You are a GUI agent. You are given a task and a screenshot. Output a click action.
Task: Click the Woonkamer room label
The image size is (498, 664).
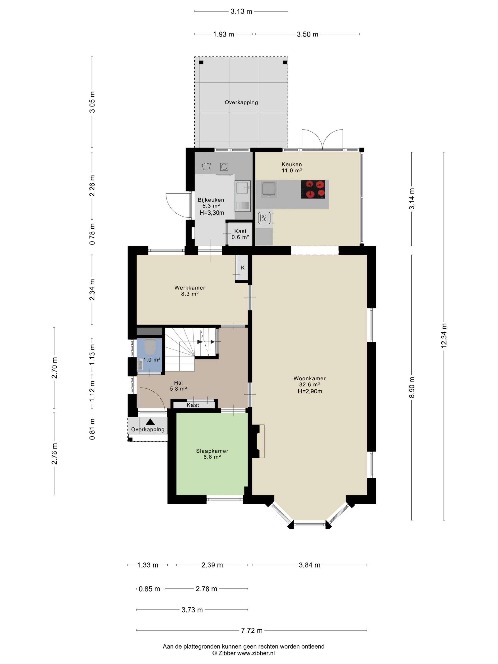click(x=309, y=378)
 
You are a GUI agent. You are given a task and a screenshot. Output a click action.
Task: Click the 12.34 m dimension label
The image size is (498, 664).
click(x=444, y=336)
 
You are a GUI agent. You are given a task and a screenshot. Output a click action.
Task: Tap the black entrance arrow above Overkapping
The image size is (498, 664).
click(x=150, y=422)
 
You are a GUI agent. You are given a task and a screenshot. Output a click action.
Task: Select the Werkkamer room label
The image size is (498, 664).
click(x=190, y=288)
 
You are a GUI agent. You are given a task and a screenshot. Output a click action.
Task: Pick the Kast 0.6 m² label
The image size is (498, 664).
click(x=240, y=234)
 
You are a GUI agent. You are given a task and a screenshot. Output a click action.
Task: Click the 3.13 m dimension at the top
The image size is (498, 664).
click(x=241, y=11)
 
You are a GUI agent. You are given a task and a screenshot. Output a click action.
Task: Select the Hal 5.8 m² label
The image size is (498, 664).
click(x=178, y=386)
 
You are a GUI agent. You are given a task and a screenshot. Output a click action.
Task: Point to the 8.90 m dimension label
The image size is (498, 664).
click(x=412, y=387)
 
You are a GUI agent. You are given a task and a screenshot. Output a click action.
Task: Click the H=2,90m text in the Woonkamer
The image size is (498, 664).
click(x=310, y=391)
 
